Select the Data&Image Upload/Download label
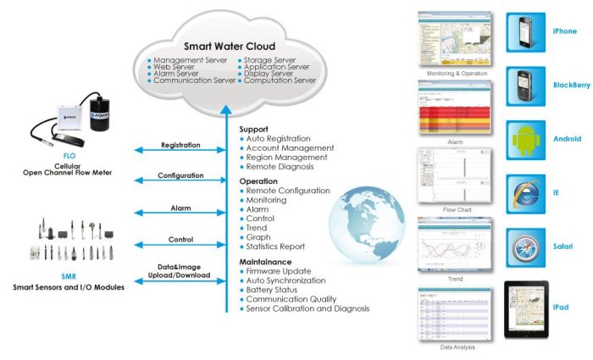(x=180, y=270)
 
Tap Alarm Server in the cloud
(x=179, y=74)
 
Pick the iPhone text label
(x=564, y=31)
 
